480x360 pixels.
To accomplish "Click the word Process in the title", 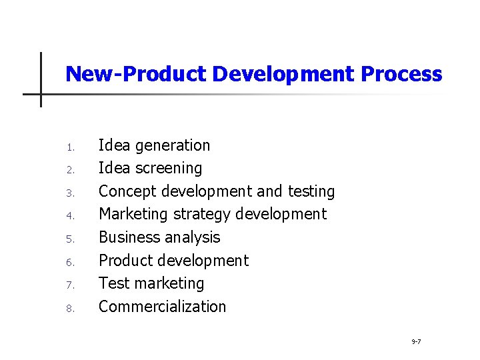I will coord(401,74).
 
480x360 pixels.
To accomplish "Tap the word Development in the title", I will coord(283,74).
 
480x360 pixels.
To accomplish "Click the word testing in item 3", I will coord(311,191).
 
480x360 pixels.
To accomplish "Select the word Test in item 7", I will coord(111,283).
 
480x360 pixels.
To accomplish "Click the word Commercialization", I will coord(163,307).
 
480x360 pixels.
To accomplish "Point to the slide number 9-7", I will coord(415,341).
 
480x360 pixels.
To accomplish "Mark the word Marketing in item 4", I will coord(133,215).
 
